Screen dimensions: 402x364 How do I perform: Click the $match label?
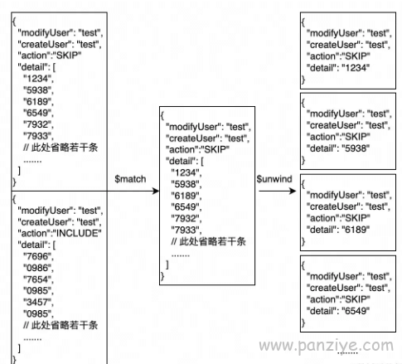click(130, 179)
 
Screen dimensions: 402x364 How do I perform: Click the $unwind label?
click(274, 179)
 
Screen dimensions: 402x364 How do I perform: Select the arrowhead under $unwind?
click(293, 191)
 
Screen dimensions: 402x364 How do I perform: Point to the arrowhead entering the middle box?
click(156, 191)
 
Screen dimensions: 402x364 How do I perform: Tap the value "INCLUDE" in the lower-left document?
click(79, 233)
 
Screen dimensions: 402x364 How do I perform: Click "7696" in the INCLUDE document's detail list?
click(37, 256)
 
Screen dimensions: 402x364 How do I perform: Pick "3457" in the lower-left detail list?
click(37, 302)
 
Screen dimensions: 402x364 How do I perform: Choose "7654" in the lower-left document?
click(37, 279)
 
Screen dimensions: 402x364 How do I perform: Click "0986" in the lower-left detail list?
click(37, 268)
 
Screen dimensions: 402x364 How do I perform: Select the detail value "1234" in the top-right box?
click(356, 68)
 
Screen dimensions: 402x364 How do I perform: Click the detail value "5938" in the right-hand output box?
click(356, 148)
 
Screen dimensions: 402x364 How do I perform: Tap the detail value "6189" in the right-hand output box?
click(356, 230)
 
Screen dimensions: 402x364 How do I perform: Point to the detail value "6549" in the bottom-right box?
click(356, 311)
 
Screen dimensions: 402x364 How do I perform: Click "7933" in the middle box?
click(185, 230)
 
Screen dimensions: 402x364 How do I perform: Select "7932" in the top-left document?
click(37, 124)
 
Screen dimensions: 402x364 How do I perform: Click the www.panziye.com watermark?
click(327, 346)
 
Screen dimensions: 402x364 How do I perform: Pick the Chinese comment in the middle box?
click(208, 241)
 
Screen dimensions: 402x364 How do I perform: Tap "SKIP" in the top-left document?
click(69, 56)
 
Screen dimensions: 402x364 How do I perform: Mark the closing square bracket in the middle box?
click(167, 265)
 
